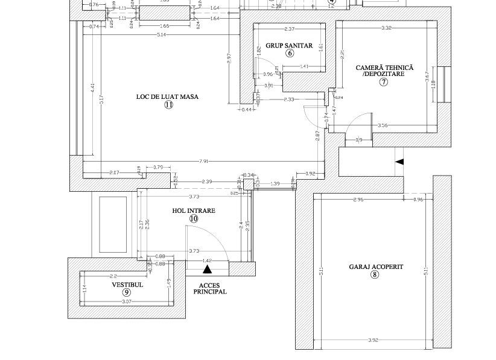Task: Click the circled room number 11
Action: [x=168, y=105]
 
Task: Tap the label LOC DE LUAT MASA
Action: [x=167, y=96]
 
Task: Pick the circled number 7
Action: [x=383, y=83]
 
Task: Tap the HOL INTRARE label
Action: [x=193, y=211]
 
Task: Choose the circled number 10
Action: [x=193, y=219]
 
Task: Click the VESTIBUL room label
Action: [x=127, y=285]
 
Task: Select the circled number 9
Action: [x=127, y=292]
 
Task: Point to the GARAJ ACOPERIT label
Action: [x=375, y=267]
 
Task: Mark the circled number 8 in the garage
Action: [x=375, y=275]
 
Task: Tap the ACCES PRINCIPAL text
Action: [x=210, y=288]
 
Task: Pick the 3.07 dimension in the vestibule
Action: [x=127, y=301]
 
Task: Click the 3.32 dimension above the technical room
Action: [x=386, y=28]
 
